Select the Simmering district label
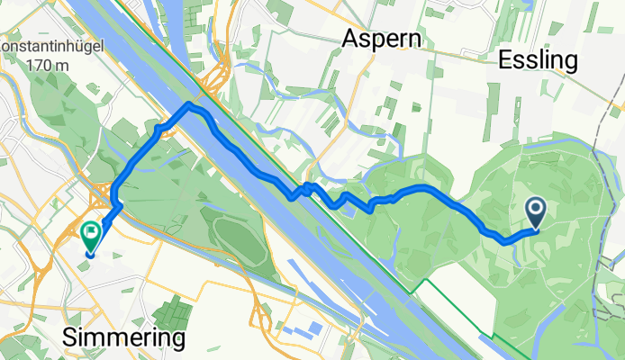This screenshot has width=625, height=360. [x=124, y=338]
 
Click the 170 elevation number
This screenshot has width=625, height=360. [x=36, y=66]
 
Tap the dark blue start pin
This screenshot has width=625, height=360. [x=536, y=212]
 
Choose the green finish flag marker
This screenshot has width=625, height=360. [x=91, y=235]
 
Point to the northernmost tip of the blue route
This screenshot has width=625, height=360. [x=189, y=104]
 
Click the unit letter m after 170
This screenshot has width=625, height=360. [x=59, y=66]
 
